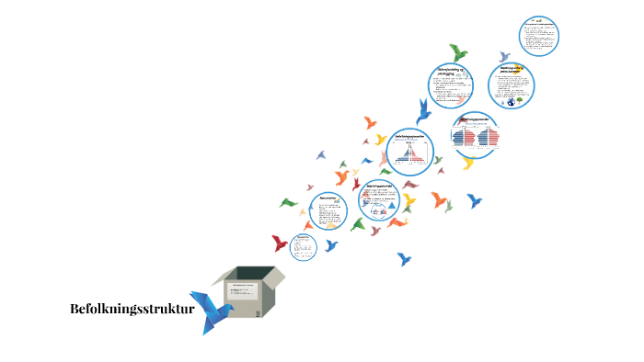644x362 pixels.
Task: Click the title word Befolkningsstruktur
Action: (x=132, y=309)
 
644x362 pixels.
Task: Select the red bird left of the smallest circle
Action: (x=280, y=243)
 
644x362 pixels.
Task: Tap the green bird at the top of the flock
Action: (x=458, y=52)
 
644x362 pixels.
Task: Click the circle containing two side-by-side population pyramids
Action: (x=475, y=134)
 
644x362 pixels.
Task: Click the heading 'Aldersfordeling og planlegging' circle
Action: (x=457, y=85)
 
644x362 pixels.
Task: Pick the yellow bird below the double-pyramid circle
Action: (x=468, y=164)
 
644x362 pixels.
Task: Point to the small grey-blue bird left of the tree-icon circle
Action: (x=504, y=57)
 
